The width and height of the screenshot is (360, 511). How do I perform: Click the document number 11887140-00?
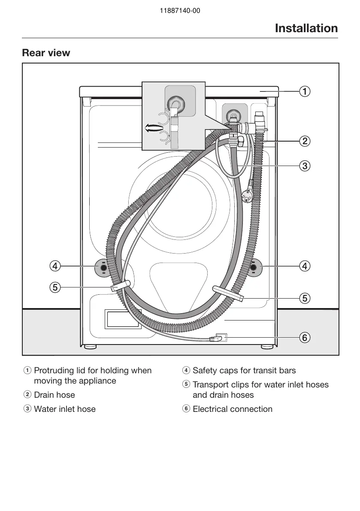pyautogui.click(x=180, y=11)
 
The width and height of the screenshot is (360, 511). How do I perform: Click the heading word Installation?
pyautogui.click(x=306, y=28)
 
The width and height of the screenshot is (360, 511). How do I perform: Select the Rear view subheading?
pyautogui.click(x=46, y=53)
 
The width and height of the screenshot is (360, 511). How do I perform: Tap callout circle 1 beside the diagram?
pyautogui.click(x=304, y=91)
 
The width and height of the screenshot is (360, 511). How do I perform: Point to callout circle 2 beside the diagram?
pyautogui.click(x=304, y=141)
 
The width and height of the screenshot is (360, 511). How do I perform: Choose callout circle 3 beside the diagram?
pyautogui.click(x=304, y=166)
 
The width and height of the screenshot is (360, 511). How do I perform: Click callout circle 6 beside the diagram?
pyautogui.click(x=304, y=338)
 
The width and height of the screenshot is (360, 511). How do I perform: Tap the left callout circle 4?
pyautogui.click(x=54, y=266)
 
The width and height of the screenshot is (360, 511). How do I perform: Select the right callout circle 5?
pyautogui.click(x=304, y=297)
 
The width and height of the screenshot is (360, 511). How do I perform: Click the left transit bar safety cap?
pyautogui.click(x=103, y=268)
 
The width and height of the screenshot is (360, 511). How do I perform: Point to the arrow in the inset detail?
pyautogui.click(x=154, y=127)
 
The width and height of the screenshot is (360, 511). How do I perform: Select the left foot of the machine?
pyautogui.click(x=88, y=347)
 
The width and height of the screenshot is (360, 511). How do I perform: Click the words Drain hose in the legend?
pyautogui.click(x=54, y=395)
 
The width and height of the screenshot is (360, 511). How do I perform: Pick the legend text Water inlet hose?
pyautogui.click(x=64, y=409)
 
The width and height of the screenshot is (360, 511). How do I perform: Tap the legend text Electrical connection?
pyautogui.click(x=232, y=409)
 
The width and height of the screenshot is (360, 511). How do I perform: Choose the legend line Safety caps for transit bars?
pyautogui.click(x=244, y=370)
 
